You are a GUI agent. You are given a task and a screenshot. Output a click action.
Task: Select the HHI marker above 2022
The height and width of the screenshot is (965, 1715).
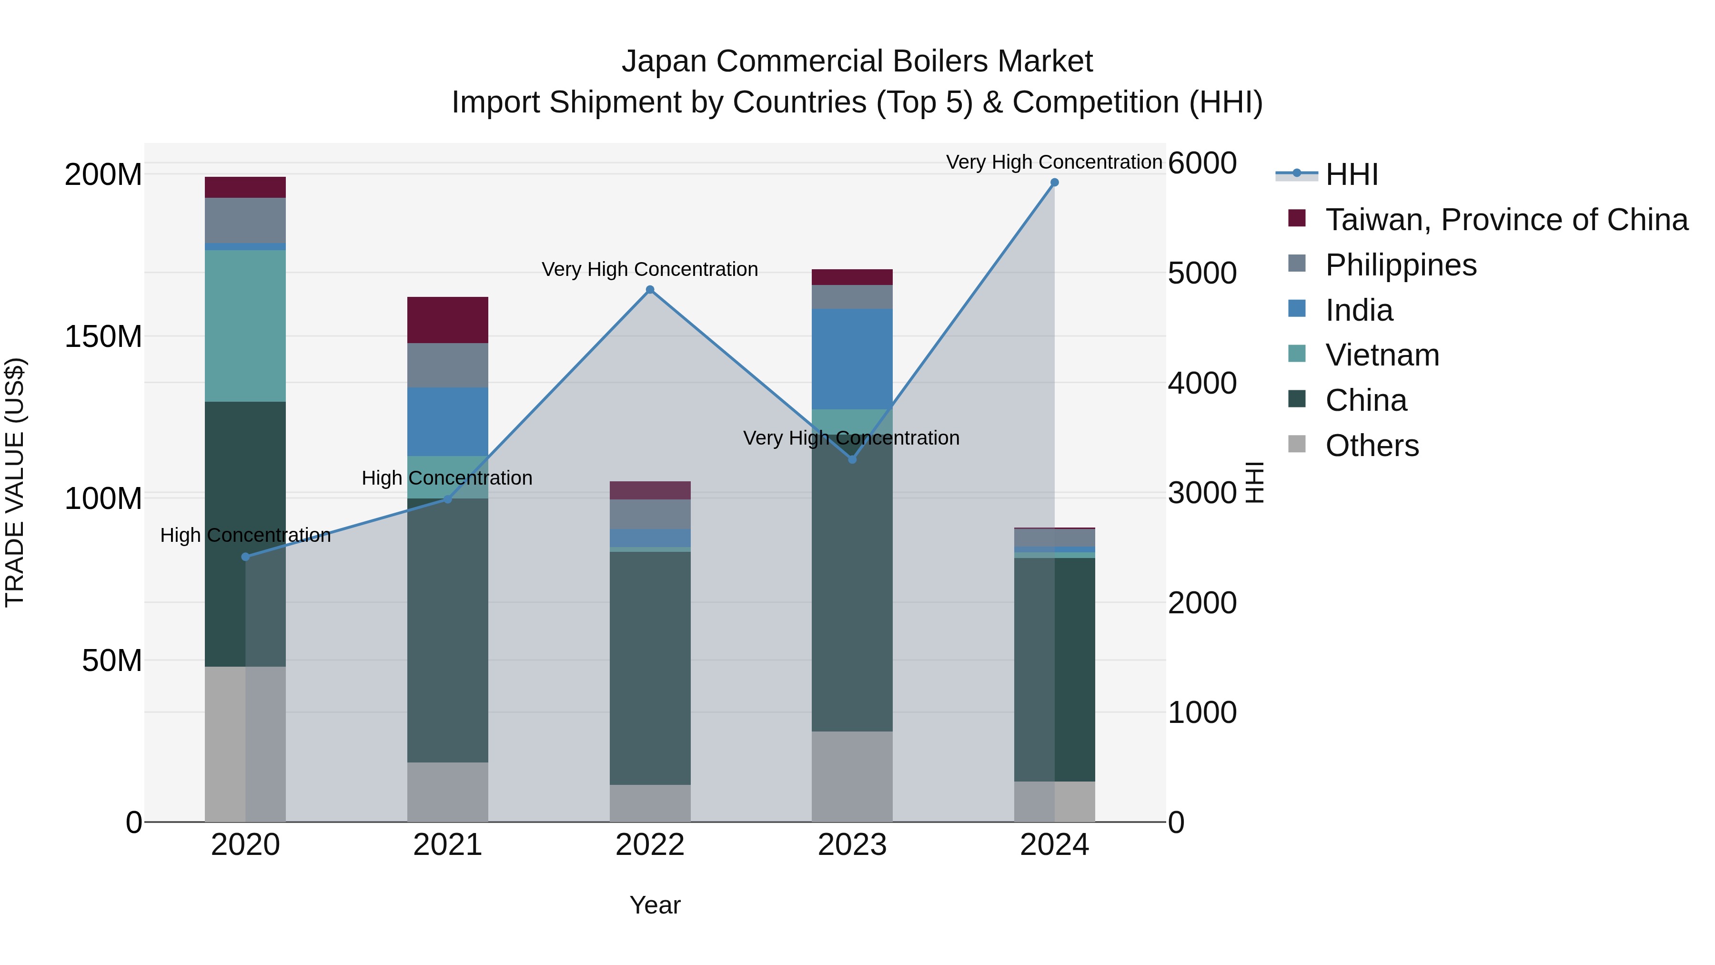[x=650, y=290]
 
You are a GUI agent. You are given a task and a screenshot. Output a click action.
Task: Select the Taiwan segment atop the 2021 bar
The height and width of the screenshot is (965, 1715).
[x=447, y=320]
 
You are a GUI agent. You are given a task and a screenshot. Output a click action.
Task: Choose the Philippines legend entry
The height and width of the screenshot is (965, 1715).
[x=1400, y=265]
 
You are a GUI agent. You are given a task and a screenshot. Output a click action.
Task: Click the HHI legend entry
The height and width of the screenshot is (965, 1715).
[x=1351, y=174]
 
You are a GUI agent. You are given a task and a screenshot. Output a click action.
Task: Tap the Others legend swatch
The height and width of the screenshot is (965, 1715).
[x=1296, y=444]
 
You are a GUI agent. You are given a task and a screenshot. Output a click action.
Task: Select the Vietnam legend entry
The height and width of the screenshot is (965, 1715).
[x=1382, y=355]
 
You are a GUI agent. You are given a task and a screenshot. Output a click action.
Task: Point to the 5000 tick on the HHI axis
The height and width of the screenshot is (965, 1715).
[x=1202, y=273]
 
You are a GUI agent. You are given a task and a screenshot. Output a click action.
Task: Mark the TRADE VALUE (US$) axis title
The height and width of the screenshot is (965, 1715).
[x=15, y=482]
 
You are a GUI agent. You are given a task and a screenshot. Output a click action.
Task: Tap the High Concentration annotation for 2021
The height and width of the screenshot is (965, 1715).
[x=447, y=478]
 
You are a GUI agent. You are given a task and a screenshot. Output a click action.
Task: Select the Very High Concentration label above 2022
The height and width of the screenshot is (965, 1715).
[x=650, y=270]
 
